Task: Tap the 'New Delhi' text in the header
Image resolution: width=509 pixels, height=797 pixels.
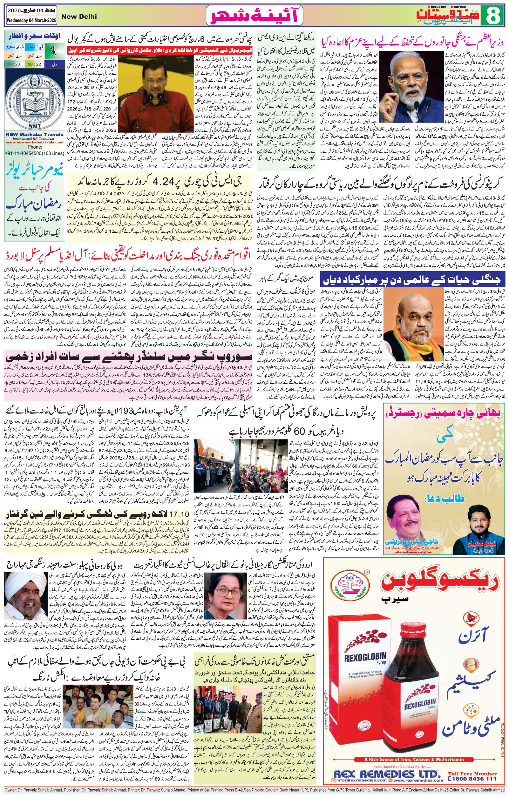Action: click(x=79, y=17)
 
